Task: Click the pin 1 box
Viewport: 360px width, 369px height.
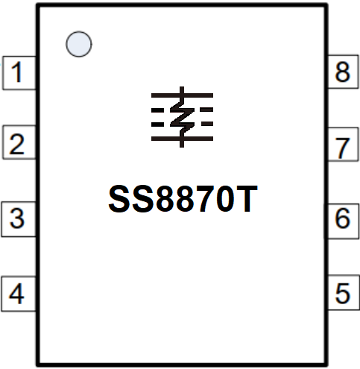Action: click(19, 73)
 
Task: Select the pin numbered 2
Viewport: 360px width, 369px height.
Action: click(19, 142)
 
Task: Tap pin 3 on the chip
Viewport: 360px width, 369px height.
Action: click(19, 219)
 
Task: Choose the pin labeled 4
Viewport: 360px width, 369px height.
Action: click(19, 294)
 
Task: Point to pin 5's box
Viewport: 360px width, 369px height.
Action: click(344, 292)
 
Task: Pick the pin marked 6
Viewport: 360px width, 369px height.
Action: click(343, 221)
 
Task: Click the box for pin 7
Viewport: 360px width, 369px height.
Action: click(343, 145)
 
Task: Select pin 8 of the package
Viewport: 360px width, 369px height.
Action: click(343, 72)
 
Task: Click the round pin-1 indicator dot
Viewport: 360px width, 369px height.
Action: click(79, 44)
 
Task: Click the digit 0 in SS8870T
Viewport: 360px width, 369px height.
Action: click(224, 199)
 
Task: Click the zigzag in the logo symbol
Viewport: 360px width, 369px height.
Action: click(182, 117)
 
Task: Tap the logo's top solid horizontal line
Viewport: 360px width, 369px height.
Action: click(182, 95)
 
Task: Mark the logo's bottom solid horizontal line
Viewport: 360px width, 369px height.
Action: click(182, 139)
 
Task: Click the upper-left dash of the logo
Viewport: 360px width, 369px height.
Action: click(157, 110)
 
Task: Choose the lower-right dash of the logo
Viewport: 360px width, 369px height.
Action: click(207, 124)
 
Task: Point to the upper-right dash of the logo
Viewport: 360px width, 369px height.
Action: click(207, 110)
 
